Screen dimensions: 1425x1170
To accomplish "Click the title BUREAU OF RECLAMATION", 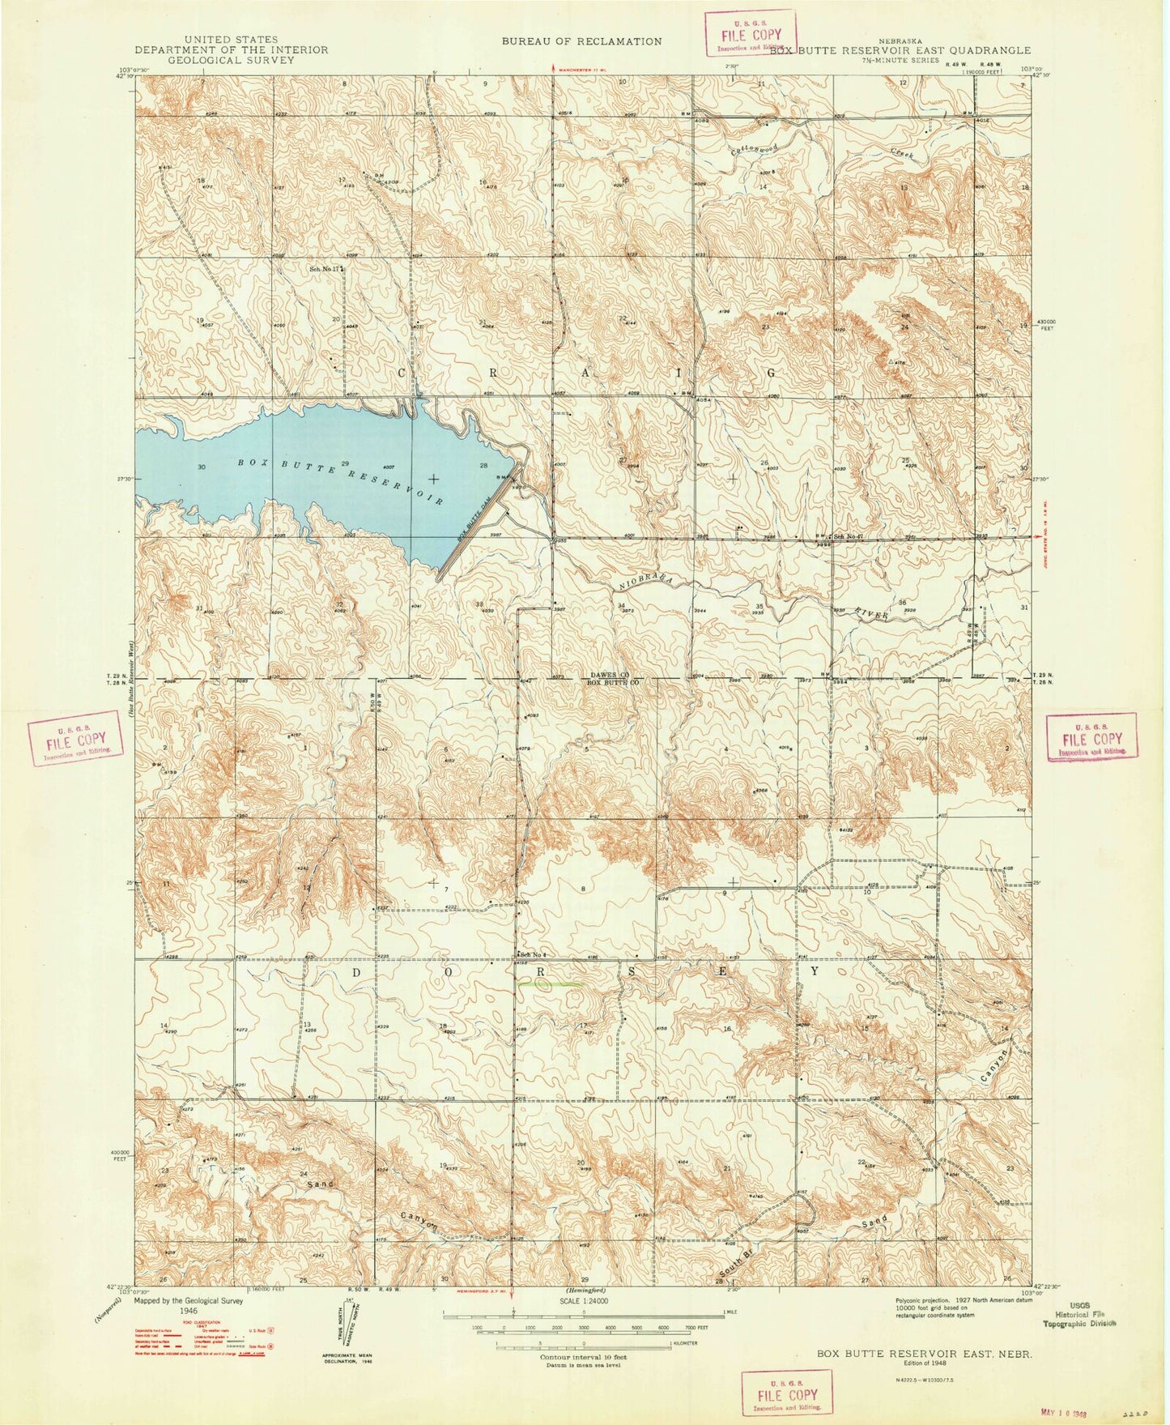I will click(x=581, y=41).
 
